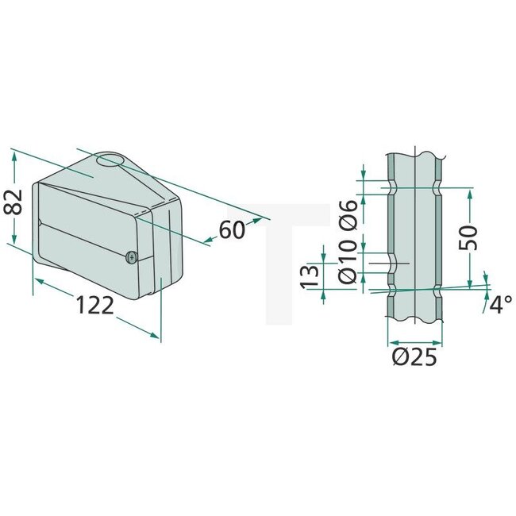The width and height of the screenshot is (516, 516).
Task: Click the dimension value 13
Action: pyautogui.click(x=311, y=275)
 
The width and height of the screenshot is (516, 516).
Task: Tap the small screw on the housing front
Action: pyautogui.click(x=131, y=256)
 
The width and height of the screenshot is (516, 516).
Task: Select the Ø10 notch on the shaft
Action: pyautogui.click(x=391, y=263)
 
